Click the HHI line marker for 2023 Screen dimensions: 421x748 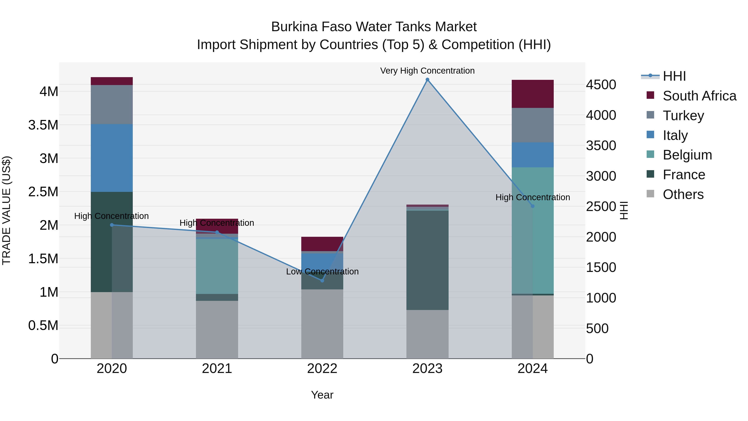427,80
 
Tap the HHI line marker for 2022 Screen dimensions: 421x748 322,280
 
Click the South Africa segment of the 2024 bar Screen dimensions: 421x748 533,94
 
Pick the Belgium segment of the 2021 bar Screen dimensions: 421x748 217,267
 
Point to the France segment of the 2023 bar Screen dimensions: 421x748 427,260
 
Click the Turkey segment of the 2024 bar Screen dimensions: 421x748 533,125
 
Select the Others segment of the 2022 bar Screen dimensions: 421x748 322,324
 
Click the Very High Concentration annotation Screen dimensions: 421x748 427,71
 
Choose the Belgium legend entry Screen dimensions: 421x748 687,155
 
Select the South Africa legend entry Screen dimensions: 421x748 699,96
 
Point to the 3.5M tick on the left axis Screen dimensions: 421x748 43,125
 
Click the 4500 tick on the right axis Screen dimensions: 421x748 601,85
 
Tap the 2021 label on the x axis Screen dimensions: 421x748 217,369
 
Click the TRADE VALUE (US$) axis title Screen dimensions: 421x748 7,210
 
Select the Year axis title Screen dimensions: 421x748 322,395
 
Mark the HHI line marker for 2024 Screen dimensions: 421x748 533,206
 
